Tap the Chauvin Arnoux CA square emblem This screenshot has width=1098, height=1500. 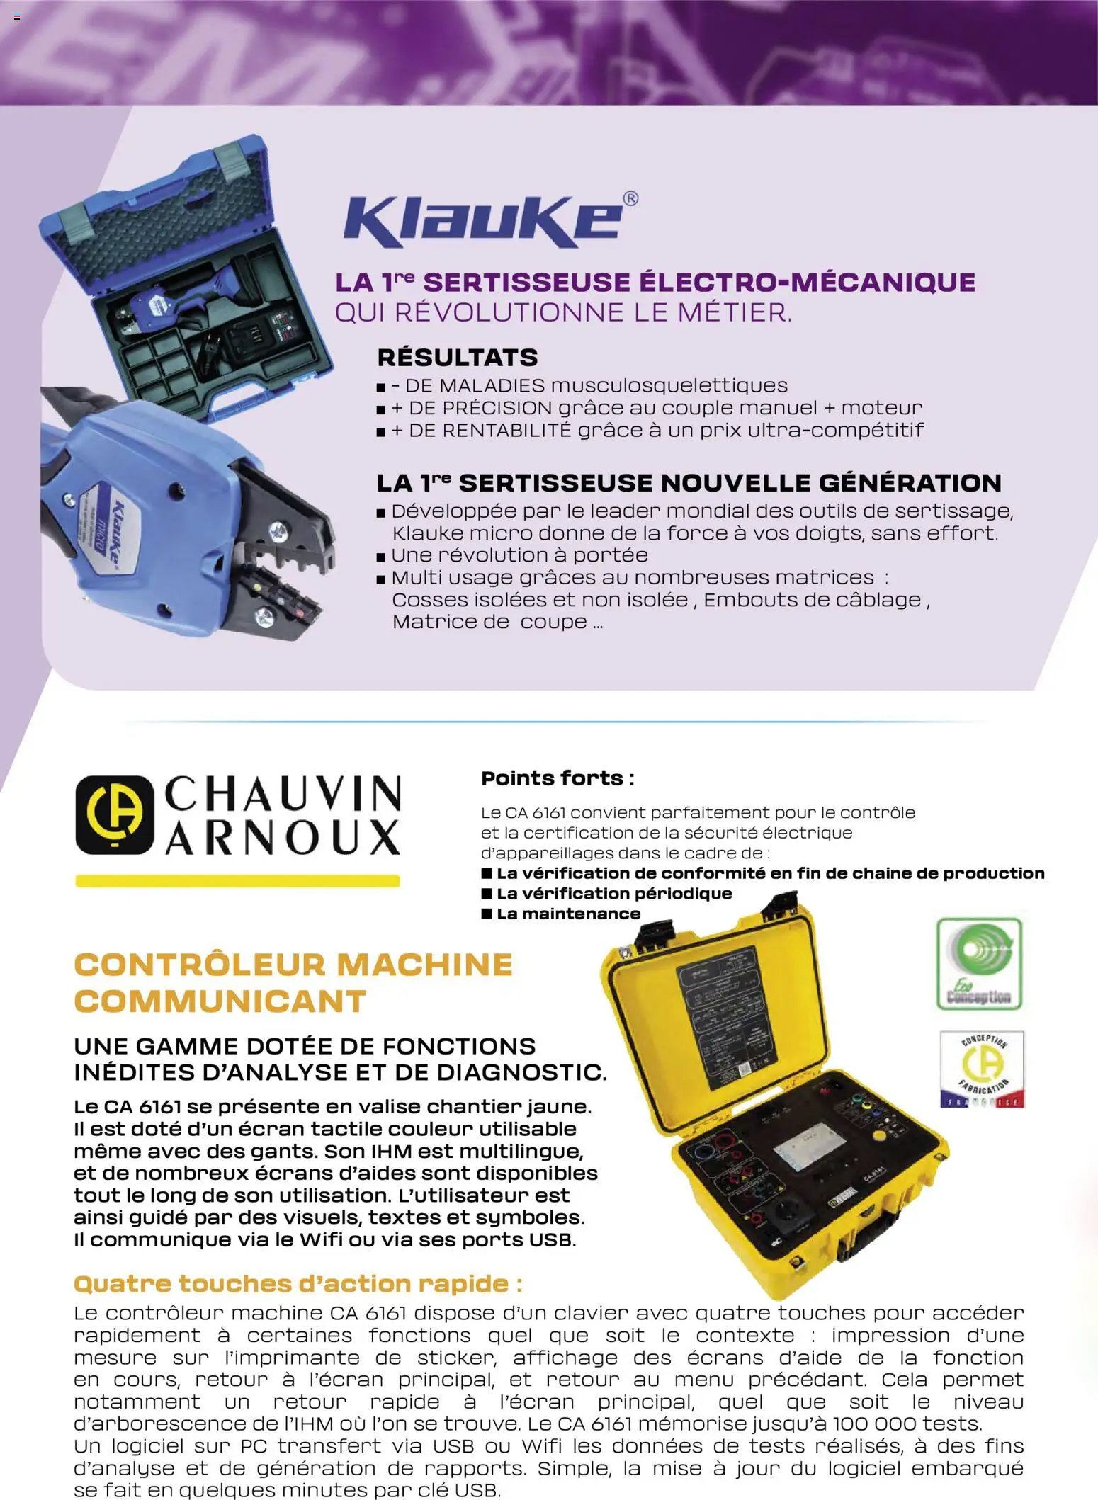click(x=114, y=814)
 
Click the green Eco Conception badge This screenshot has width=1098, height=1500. click(x=979, y=964)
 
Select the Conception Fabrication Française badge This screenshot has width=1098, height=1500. click(x=982, y=1069)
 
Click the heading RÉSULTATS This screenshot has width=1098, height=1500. click(x=458, y=358)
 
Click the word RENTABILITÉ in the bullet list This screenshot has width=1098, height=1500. click(x=489, y=430)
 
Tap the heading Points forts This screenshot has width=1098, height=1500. click(x=558, y=778)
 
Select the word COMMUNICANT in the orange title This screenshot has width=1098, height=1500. click(x=220, y=1001)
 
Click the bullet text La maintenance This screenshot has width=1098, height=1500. click(x=568, y=914)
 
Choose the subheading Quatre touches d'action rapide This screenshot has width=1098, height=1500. click(x=298, y=1283)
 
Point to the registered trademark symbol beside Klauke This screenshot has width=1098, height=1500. click(x=630, y=198)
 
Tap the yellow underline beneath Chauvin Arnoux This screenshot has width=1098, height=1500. click(x=237, y=881)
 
